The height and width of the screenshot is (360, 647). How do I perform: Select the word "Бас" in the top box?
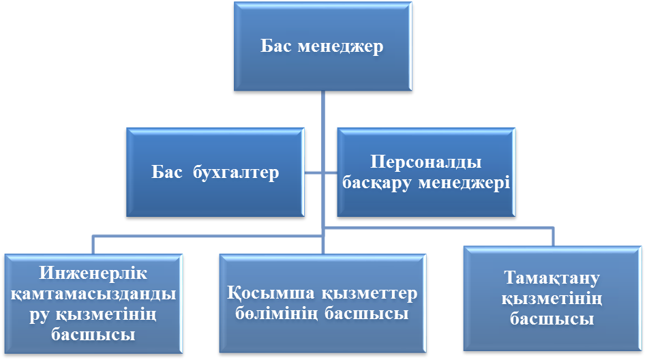click(x=277, y=47)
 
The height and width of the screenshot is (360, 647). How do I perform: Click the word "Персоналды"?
click(x=427, y=164)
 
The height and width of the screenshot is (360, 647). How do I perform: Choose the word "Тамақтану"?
click(x=552, y=279)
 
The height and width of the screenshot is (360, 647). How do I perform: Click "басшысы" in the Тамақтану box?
click(x=552, y=319)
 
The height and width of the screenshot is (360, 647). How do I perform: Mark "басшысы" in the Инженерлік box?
click(x=93, y=335)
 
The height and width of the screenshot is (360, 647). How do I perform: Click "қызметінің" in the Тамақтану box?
click(x=552, y=299)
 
